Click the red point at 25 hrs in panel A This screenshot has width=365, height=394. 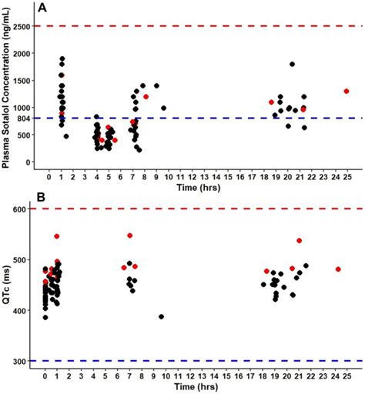[347, 91]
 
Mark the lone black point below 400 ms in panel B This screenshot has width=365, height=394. [162, 316]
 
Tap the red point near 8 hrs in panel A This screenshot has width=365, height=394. [146, 118]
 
